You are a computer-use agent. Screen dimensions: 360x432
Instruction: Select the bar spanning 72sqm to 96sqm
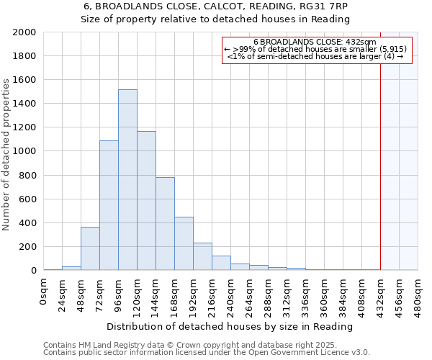[109, 205]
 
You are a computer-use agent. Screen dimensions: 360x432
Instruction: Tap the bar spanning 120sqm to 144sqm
[146, 201]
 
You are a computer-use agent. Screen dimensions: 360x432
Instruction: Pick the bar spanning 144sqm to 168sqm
[165, 224]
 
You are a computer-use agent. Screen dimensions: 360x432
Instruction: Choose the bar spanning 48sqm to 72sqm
[90, 248]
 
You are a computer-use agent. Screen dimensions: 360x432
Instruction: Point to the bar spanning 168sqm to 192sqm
[184, 243]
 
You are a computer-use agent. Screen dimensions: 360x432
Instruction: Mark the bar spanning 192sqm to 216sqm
[202, 256]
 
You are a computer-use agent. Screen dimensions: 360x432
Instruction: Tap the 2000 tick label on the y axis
[24, 32]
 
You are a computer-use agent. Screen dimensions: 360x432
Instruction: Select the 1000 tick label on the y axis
[24, 151]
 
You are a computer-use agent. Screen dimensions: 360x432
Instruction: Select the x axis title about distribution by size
[230, 326]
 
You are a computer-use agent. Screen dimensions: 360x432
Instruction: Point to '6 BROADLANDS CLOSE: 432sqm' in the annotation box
[315, 42]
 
